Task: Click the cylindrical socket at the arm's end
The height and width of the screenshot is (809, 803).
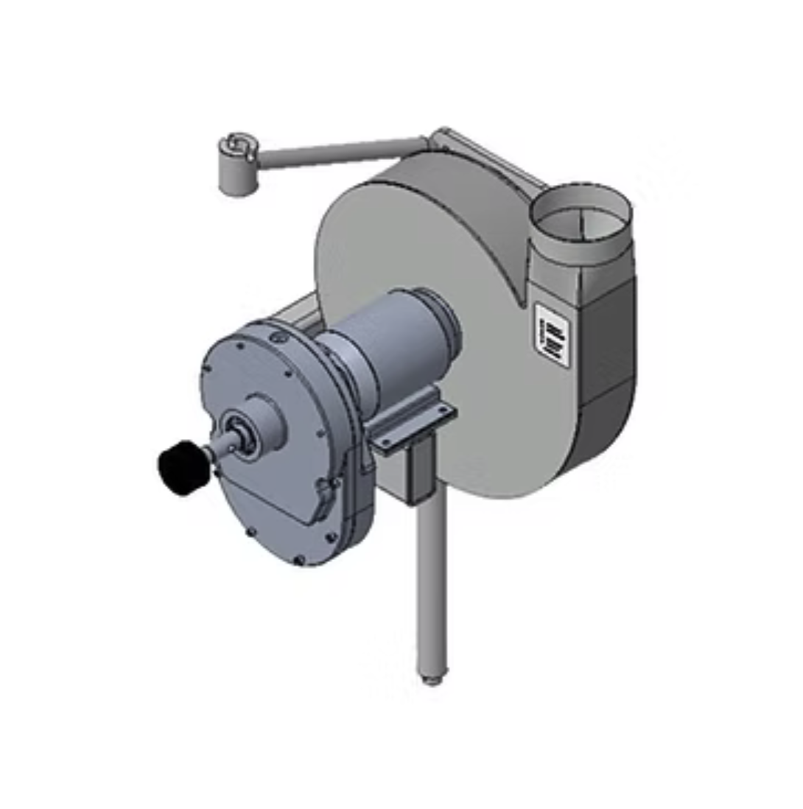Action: coord(237,168)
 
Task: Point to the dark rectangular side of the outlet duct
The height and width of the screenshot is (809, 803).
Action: coord(608,346)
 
